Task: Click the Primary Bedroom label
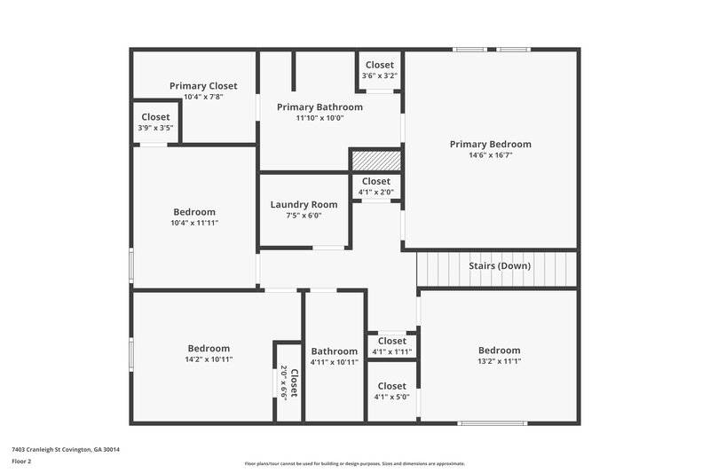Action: click(x=490, y=144)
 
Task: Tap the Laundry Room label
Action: click(x=304, y=204)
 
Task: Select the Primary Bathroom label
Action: click(x=319, y=106)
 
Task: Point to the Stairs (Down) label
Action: click(x=500, y=265)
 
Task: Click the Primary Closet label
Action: click(x=203, y=86)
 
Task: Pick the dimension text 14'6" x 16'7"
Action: click(x=490, y=155)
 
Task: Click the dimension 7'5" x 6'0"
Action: click(x=304, y=216)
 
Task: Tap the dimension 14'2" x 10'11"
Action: click(x=209, y=360)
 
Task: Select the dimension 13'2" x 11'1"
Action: click(x=499, y=361)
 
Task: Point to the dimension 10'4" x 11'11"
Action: click(x=194, y=223)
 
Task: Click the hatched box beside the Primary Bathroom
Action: click(x=376, y=161)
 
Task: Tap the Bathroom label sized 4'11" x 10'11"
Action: click(x=334, y=351)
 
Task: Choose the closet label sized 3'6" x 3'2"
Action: click(x=379, y=65)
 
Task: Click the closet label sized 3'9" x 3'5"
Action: click(x=155, y=116)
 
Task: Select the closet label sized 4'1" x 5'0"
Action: click(x=391, y=386)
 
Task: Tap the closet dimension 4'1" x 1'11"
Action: click(x=391, y=352)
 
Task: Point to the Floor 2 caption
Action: click(x=21, y=462)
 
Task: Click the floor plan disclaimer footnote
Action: click(x=354, y=463)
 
